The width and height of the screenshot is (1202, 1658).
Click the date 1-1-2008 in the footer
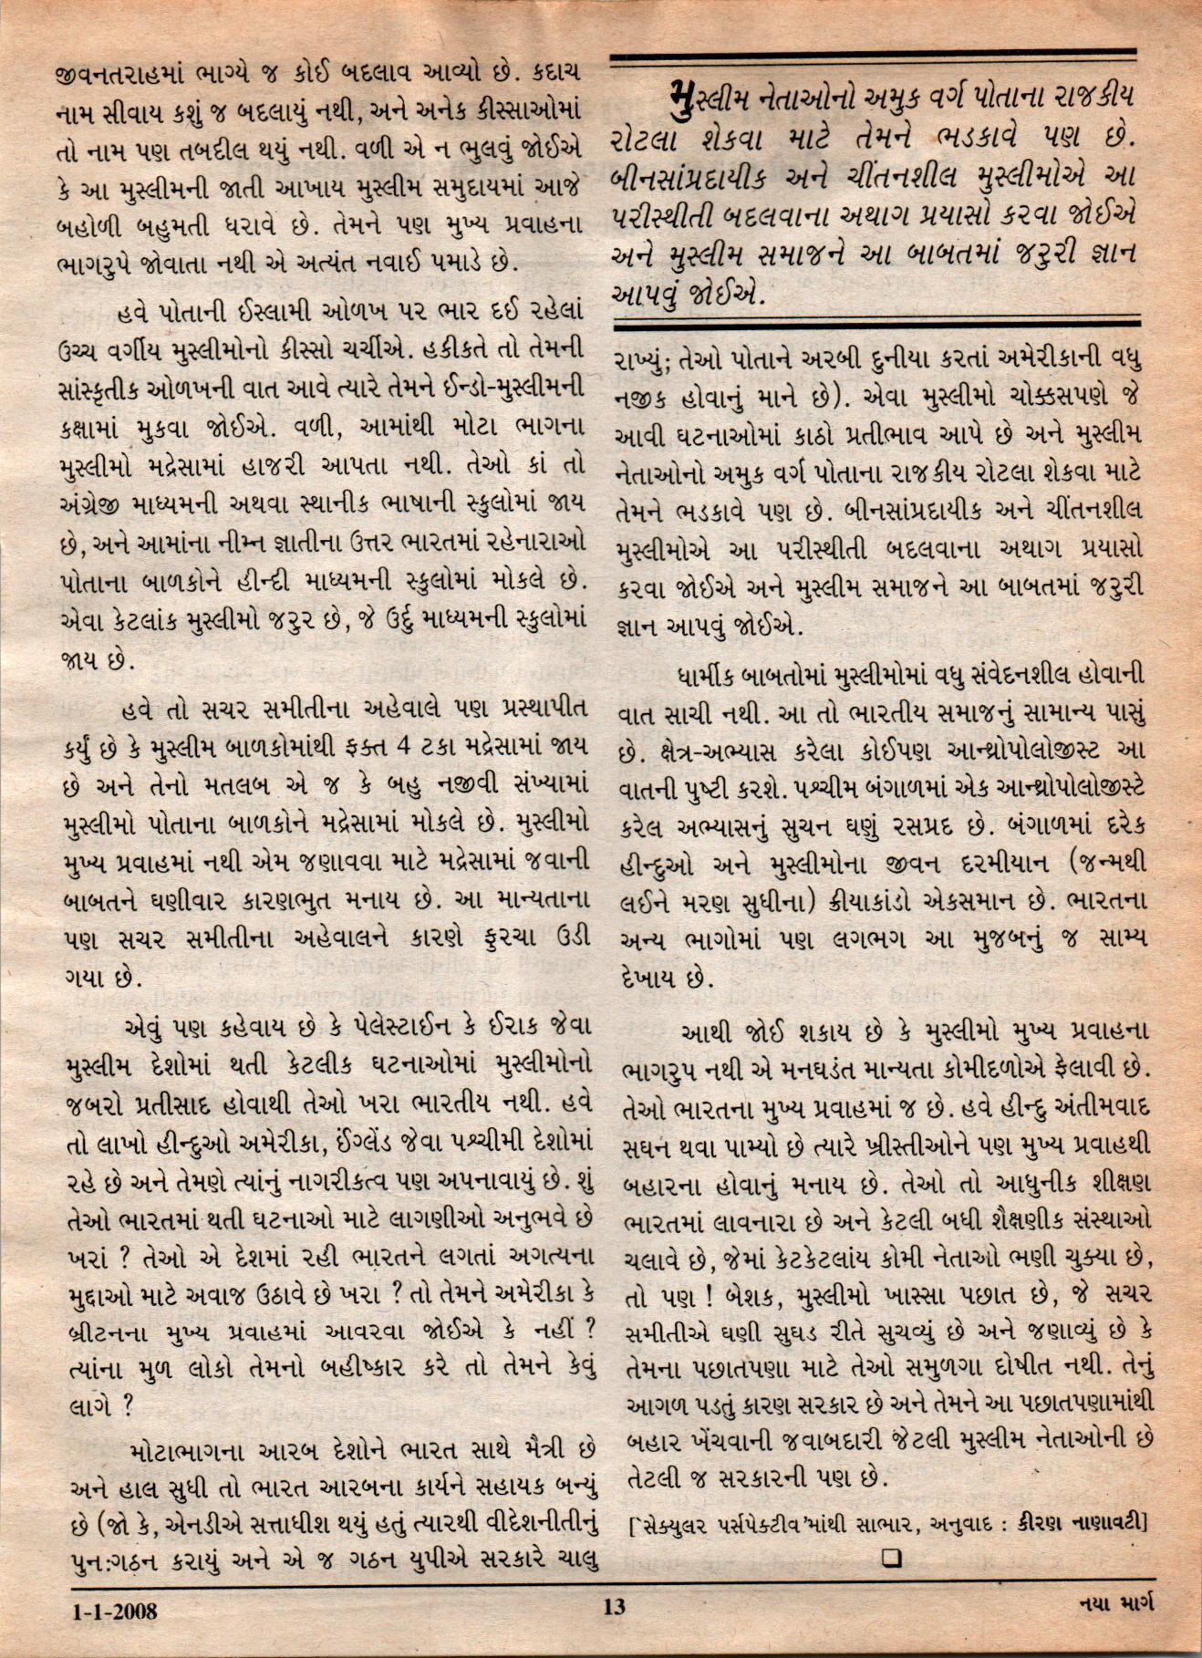pyautogui.click(x=115, y=1612)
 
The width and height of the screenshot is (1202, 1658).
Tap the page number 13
pyautogui.click(x=614, y=1607)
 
